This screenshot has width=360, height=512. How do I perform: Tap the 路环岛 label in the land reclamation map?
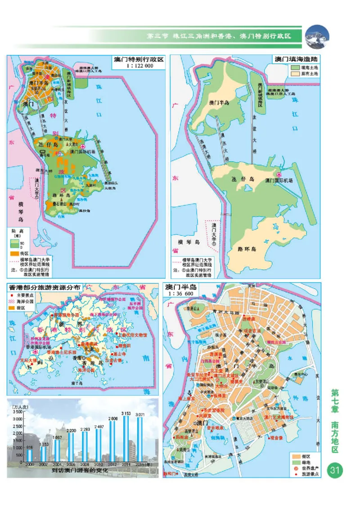click(247, 249)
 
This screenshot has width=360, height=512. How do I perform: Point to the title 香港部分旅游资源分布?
click(45, 287)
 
